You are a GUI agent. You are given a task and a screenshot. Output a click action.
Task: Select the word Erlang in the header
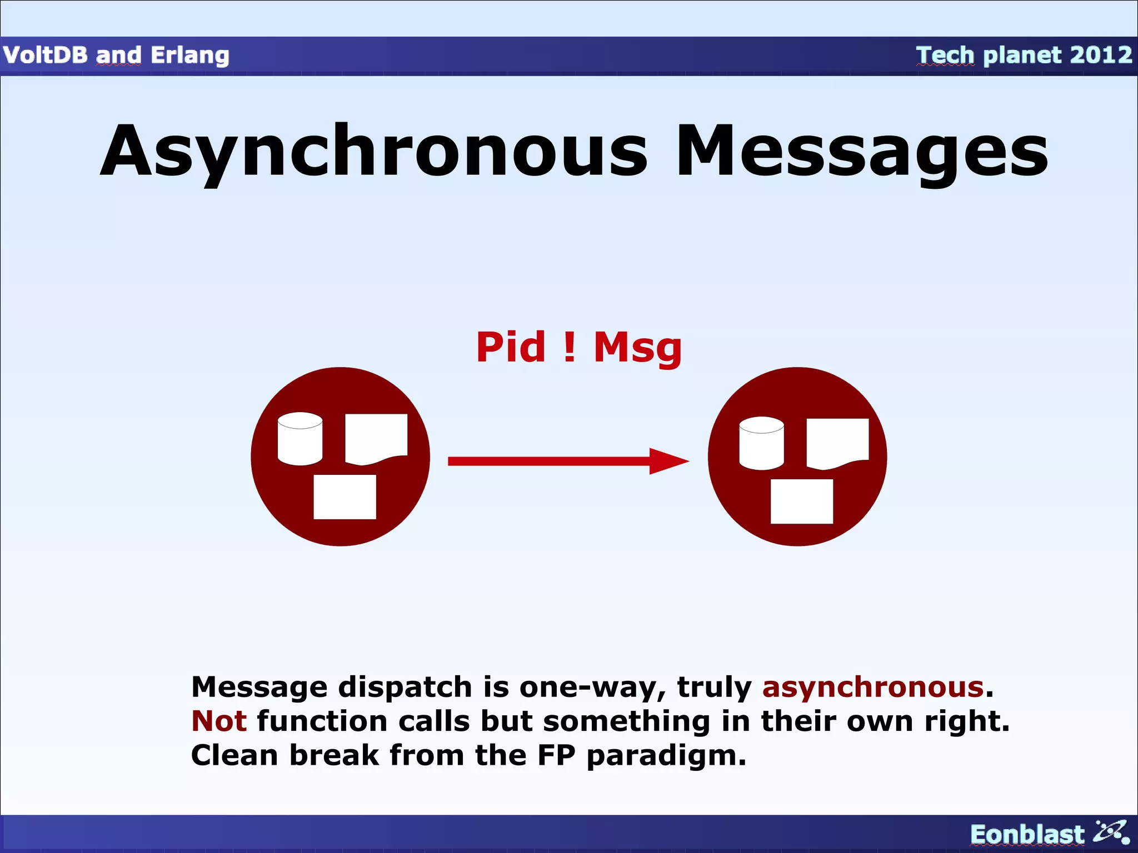click(189, 56)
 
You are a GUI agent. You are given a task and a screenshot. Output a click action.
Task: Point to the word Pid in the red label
click(511, 348)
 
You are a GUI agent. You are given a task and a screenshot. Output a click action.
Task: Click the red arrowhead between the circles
click(668, 461)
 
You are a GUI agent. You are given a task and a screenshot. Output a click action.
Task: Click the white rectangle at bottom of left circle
click(345, 496)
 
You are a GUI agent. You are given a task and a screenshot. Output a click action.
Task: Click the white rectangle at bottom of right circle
click(801, 501)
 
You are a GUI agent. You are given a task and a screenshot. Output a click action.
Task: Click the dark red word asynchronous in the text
click(873, 687)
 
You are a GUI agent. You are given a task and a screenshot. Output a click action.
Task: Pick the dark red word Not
click(218, 721)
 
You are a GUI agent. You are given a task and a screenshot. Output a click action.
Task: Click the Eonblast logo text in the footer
click(1026, 834)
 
